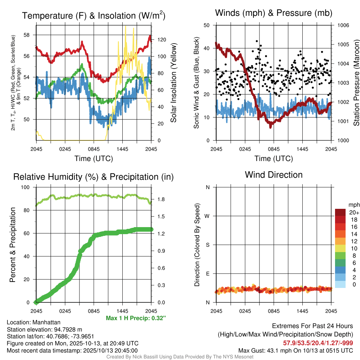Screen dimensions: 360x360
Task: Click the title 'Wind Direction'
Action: click(274, 175)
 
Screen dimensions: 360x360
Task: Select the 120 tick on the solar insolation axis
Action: click(158, 39)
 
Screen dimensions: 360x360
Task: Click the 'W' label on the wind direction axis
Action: click(208, 216)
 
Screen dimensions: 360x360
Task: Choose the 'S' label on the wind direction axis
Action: click(208, 245)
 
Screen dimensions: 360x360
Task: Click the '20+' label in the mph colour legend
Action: click(353, 212)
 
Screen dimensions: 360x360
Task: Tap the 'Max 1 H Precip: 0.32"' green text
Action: click(136, 318)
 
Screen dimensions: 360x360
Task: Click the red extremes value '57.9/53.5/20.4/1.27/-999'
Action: click(318, 343)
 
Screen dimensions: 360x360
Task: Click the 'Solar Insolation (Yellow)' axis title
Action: click(173, 83)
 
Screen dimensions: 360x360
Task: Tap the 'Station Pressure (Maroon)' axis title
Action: click(356, 83)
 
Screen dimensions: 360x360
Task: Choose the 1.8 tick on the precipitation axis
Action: click(159, 199)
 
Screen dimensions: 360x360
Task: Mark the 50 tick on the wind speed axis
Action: click(207, 25)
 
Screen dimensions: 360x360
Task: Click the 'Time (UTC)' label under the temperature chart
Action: click(94, 159)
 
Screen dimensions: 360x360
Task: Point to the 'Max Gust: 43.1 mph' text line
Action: click(295, 350)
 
